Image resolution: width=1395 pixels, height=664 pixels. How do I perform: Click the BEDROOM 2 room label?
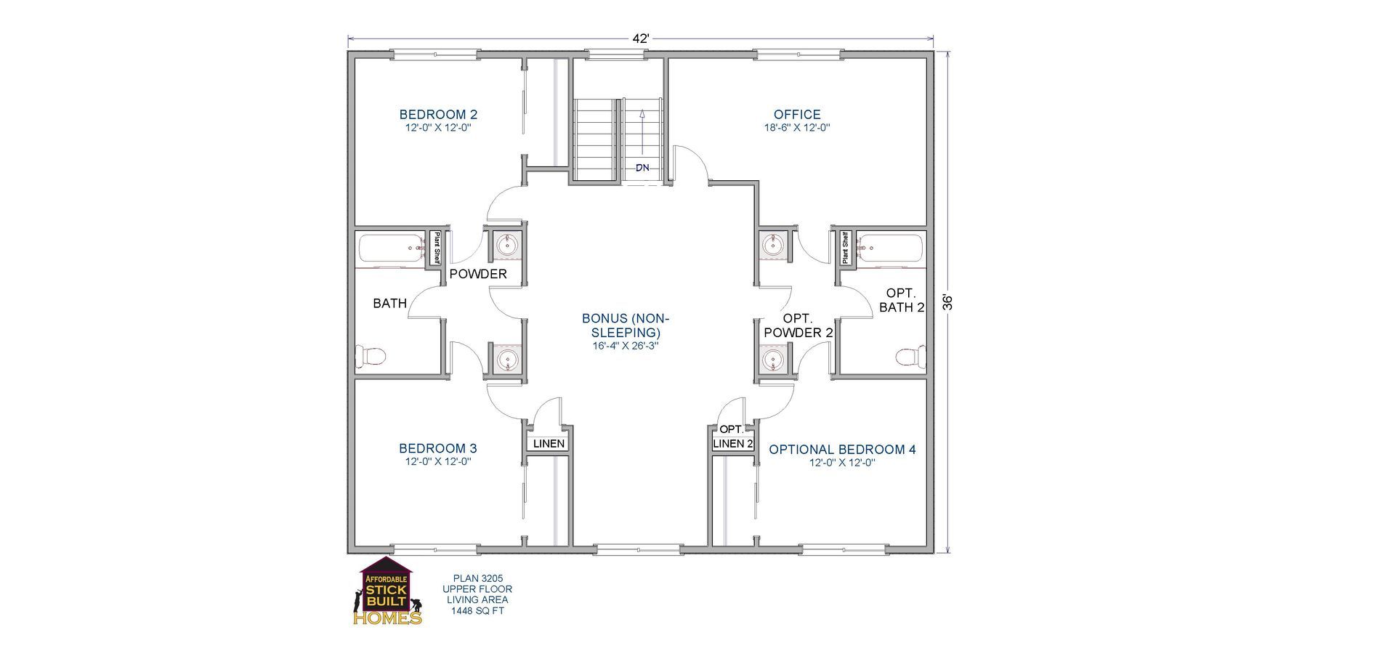coord(438,114)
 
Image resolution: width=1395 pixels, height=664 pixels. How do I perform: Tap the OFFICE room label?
coord(797,114)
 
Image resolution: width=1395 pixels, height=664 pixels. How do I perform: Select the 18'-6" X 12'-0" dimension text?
coord(797,127)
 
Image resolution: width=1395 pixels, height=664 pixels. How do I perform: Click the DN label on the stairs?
coord(642,168)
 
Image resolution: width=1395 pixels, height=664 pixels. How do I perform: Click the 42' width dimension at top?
coord(640,39)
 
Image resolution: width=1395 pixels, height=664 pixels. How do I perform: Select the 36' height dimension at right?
coord(947,302)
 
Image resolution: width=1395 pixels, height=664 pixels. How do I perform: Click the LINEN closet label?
coord(549,443)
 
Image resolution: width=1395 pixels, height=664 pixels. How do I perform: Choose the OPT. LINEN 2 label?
coord(732,437)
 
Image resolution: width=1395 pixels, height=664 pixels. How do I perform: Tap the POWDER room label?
coord(478,274)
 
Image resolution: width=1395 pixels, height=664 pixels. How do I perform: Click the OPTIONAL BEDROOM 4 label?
coord(842,450)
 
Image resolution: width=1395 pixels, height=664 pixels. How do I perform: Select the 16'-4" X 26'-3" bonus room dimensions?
coord(626,346)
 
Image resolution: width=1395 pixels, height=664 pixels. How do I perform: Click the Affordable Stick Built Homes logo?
coord(387,592)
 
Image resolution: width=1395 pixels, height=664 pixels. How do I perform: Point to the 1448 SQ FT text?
coord(477,611)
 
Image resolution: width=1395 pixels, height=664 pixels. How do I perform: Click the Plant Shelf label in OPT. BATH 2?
coord(845,248)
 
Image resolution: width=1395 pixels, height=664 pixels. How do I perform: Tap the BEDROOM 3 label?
coord(438,448)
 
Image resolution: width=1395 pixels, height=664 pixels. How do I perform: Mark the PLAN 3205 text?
coord(477,578)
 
